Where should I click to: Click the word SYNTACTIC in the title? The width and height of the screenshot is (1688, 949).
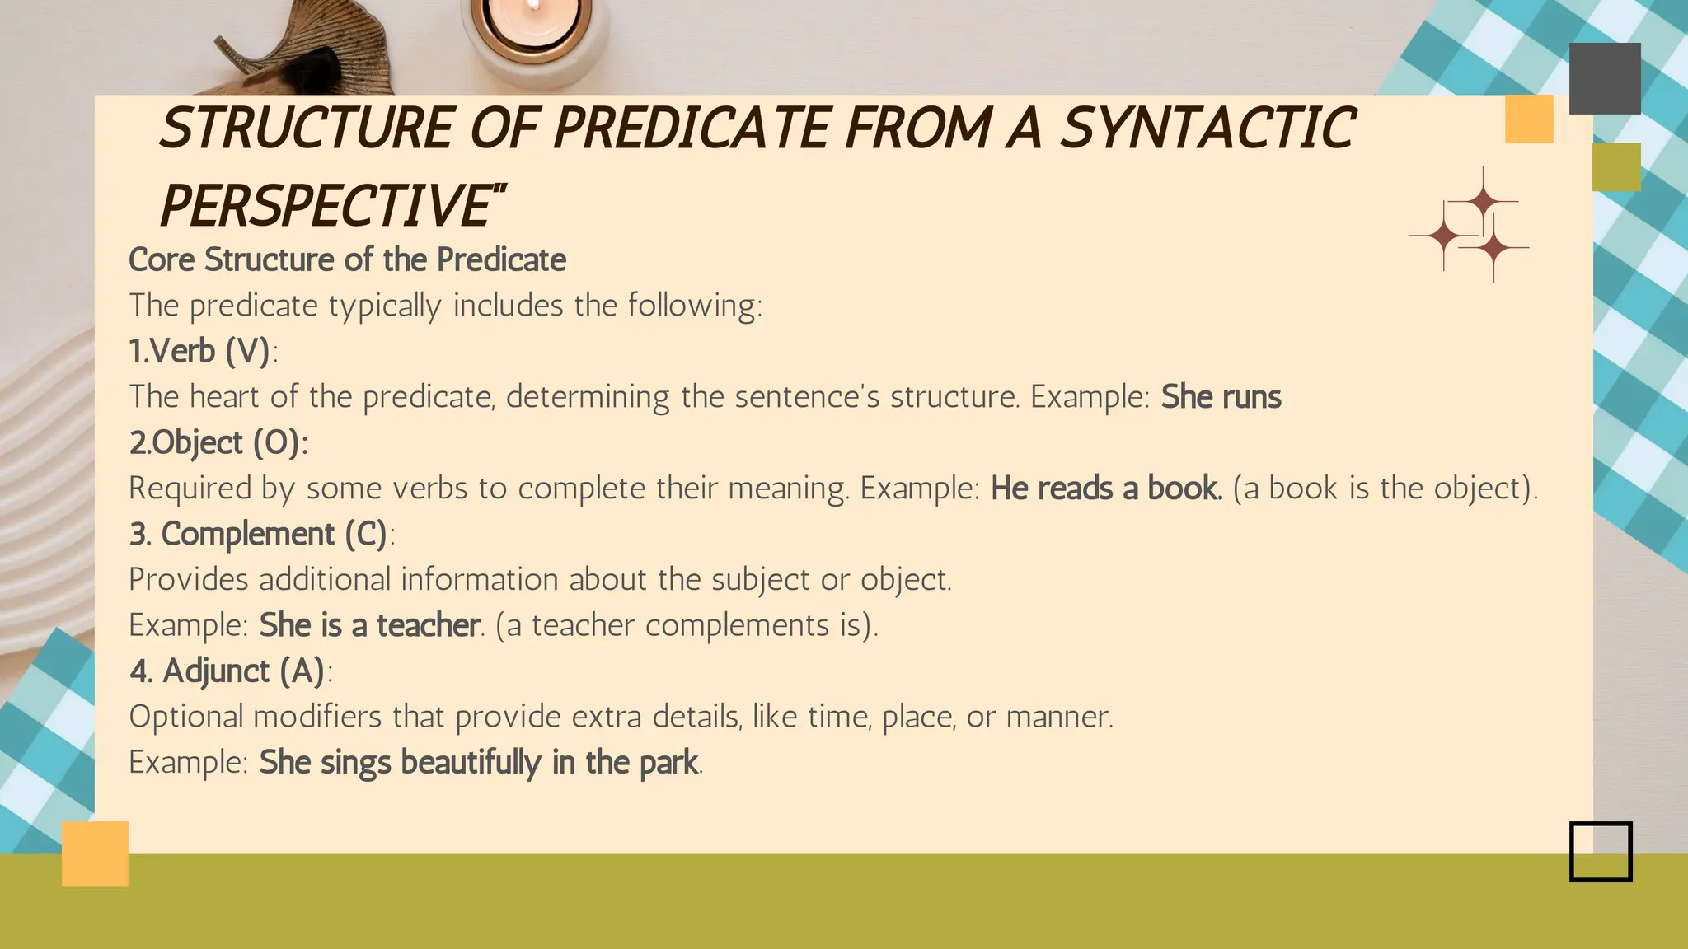(x=1207, y=129)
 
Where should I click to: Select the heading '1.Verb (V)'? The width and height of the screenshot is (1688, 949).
(x=200, y=352)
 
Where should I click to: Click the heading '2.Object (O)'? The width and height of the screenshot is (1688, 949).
(x=218, y=443)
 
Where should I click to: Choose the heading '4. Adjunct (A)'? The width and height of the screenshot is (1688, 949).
(x=227, y=671)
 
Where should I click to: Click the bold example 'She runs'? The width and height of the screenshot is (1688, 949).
(x=1221, y=397)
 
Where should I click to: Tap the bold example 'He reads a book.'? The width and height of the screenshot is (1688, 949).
(x=1106, y=489)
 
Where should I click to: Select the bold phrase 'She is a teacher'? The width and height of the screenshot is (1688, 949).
(x=369, y=625)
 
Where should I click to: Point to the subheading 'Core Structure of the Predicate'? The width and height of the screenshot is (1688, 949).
(x=347, y=260)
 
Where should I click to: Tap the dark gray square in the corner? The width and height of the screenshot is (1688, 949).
(x=1604, y=78)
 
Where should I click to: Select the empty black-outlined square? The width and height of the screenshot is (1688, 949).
(x=1601, y=852)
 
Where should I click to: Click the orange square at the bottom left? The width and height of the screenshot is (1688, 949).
(x=95, y=853)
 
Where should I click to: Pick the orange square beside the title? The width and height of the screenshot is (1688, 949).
(x=1529, y=119)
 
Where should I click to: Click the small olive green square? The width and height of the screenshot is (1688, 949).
(x=1616, y=167)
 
